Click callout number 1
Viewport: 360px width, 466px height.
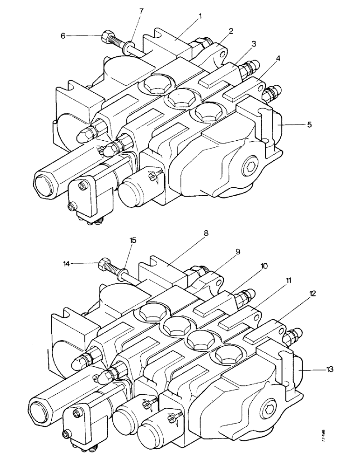point(200,15)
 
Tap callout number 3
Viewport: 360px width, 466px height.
point(253,43)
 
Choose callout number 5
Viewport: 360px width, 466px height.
point(296,125)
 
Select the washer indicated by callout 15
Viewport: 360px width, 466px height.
point(126,273)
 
